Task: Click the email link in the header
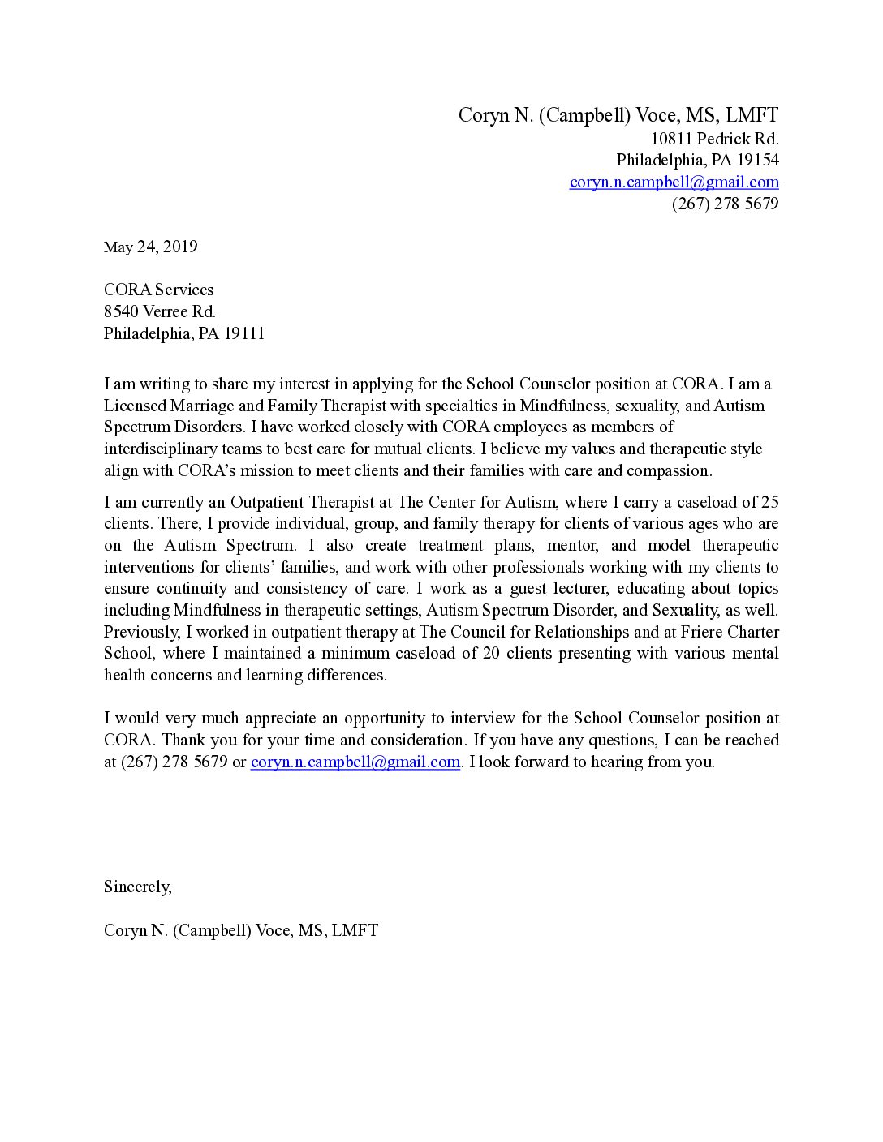tap(674, 182)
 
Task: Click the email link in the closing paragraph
tap(355, 762)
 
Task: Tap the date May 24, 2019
tap(150, 247)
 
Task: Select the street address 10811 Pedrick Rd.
tap(714, 139)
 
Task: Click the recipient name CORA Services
tap(158, 290)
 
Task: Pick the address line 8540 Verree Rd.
tap(159, 311)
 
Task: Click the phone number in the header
tap(725, 204)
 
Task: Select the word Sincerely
tap(137, 887)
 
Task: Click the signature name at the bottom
tap(240, 930)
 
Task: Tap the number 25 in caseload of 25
tap(769, 502)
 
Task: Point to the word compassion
tap(670, 470)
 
